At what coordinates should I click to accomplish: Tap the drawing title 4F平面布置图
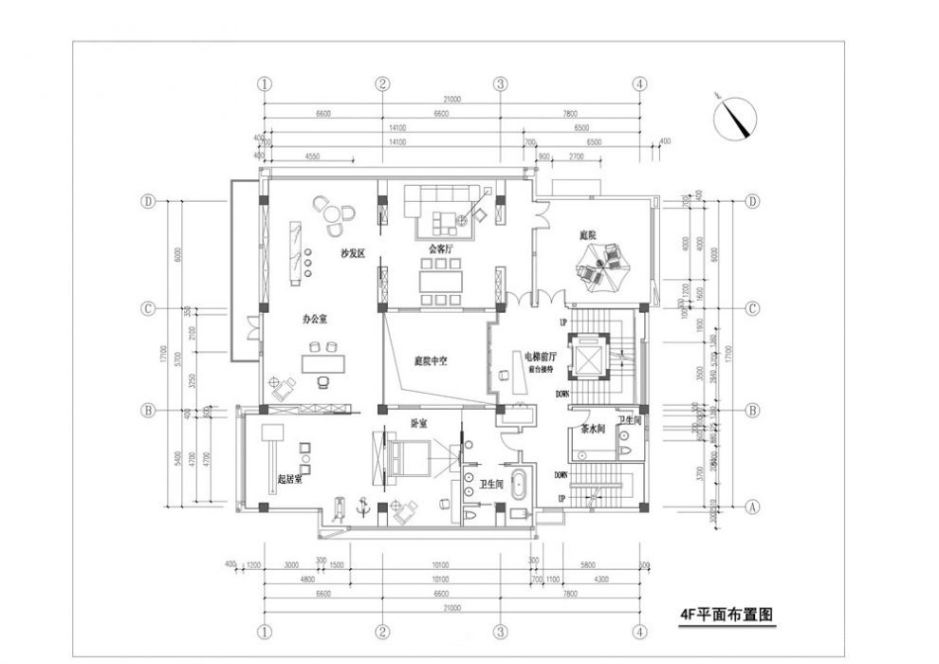pyautogui.click(x=727, y=614)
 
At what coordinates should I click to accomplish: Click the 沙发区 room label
pyautogui.click(x=354, y=254)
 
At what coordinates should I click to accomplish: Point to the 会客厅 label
pyautogui.click(x=440, y=249)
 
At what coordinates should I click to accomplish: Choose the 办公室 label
pyautogui.click(x=315, y=321)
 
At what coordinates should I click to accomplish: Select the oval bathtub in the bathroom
pyautogui.click(x=518, y=485)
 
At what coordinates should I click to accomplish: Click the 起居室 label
pyautogui.click(x=290, y=480)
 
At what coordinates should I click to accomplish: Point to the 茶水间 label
pyautogui.click(x=595, y=430)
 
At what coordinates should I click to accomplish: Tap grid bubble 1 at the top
pyautogui.click(x=265, y=83)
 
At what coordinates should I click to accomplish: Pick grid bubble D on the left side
pyautogui.click(x=148, y=201)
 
